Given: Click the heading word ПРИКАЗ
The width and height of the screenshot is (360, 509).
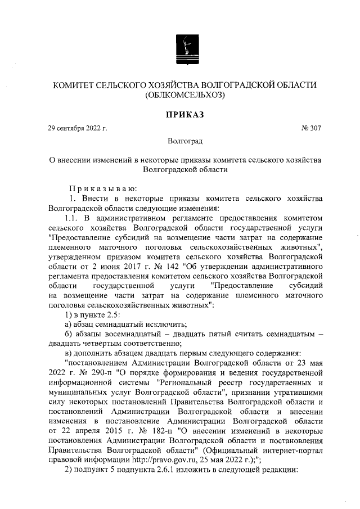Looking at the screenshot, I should [184, 115].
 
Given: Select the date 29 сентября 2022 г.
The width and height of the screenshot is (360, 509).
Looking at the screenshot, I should [78, 128].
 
